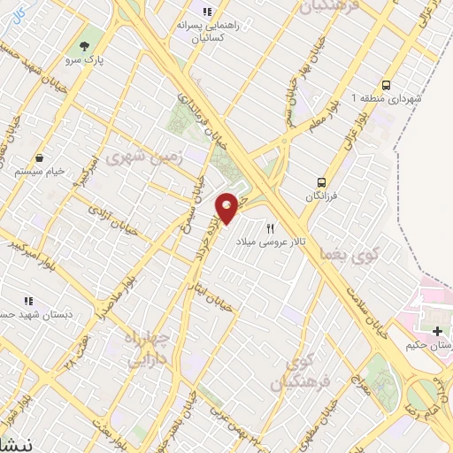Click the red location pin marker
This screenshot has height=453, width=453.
[x=227, y=207]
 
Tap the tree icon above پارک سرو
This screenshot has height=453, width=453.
[x=86, y=45]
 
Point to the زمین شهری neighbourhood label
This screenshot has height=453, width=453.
[x=136, y=157]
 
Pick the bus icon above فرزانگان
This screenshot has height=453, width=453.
[x=322, y=173]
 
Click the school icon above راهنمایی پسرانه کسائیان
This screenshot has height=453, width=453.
[x=207, y=12]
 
